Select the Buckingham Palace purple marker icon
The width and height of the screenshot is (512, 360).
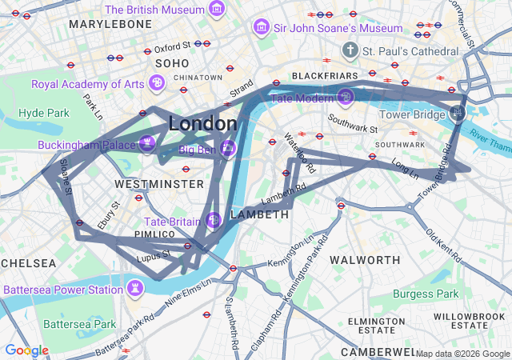[146, 144]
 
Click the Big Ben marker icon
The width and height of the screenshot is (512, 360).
[228, 149]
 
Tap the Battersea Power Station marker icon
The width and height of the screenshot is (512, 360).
[137, 287]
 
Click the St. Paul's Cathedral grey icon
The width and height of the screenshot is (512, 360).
[350, 51]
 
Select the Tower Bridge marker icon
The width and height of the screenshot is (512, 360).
[457, 113]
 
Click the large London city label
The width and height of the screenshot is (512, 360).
[202, 124]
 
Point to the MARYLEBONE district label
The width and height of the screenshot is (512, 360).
[110, 25]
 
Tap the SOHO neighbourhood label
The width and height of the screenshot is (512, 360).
[172, 63]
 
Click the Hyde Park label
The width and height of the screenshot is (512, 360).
[44, 113]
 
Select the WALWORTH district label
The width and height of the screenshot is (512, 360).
[365, 260]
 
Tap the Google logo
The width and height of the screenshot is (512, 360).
[26, 350]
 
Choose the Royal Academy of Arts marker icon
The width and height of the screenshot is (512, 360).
[158, 83]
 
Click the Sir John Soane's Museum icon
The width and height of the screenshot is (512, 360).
[260, 28]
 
